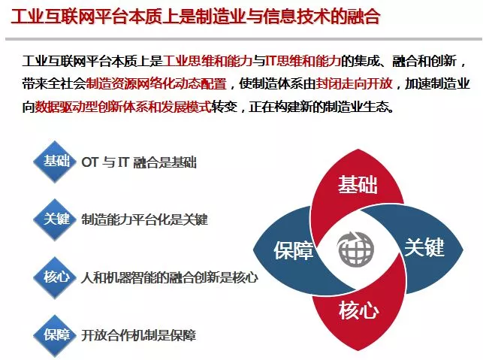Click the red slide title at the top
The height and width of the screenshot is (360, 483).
tap(195, 17)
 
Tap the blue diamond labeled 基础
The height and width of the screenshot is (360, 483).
tap(55, 162)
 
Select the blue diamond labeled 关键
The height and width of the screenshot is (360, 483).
tap(55, 219)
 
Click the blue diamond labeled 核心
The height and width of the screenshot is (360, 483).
tap(55, 277)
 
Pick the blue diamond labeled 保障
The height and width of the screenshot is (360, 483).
tap(55, 335)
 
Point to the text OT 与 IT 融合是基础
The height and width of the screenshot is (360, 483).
tap(139, 162)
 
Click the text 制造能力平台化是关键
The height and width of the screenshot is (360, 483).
tap(144, 219)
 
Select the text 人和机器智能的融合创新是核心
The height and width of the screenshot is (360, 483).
tap(170, 277)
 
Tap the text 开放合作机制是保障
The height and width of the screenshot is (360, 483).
tap(138, 335)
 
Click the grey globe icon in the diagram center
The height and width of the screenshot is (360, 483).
tap(356, 249)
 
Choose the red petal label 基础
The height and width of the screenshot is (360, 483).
tap(358, 184)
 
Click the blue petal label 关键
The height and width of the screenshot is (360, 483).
tap(424, 247)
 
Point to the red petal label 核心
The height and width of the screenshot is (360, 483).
tap(359, 310)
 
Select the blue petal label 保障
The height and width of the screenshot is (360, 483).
tap(294, 250)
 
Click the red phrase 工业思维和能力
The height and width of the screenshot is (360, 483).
tap(207, 61)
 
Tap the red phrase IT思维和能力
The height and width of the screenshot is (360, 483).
tap(303, 61)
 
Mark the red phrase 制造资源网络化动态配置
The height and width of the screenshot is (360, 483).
tap(156, 83)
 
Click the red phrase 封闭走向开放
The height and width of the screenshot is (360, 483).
tap(354, 83)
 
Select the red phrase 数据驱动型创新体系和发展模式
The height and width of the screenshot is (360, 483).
tap(123, 107)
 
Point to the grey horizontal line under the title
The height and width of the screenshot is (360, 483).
tap(243, 39)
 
